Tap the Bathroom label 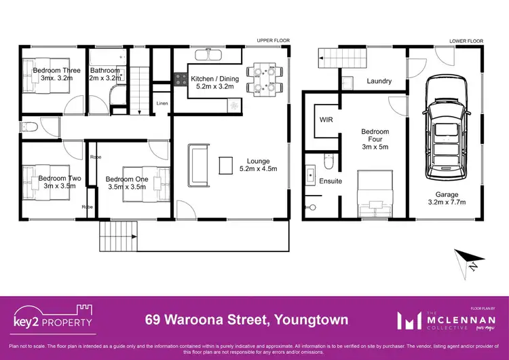(105, 74)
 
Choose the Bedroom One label (126, 183)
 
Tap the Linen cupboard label (162, 103)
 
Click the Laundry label (379, 82)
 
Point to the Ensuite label (331, 181)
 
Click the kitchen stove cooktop (182, 79)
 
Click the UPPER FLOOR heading (273, 41)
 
